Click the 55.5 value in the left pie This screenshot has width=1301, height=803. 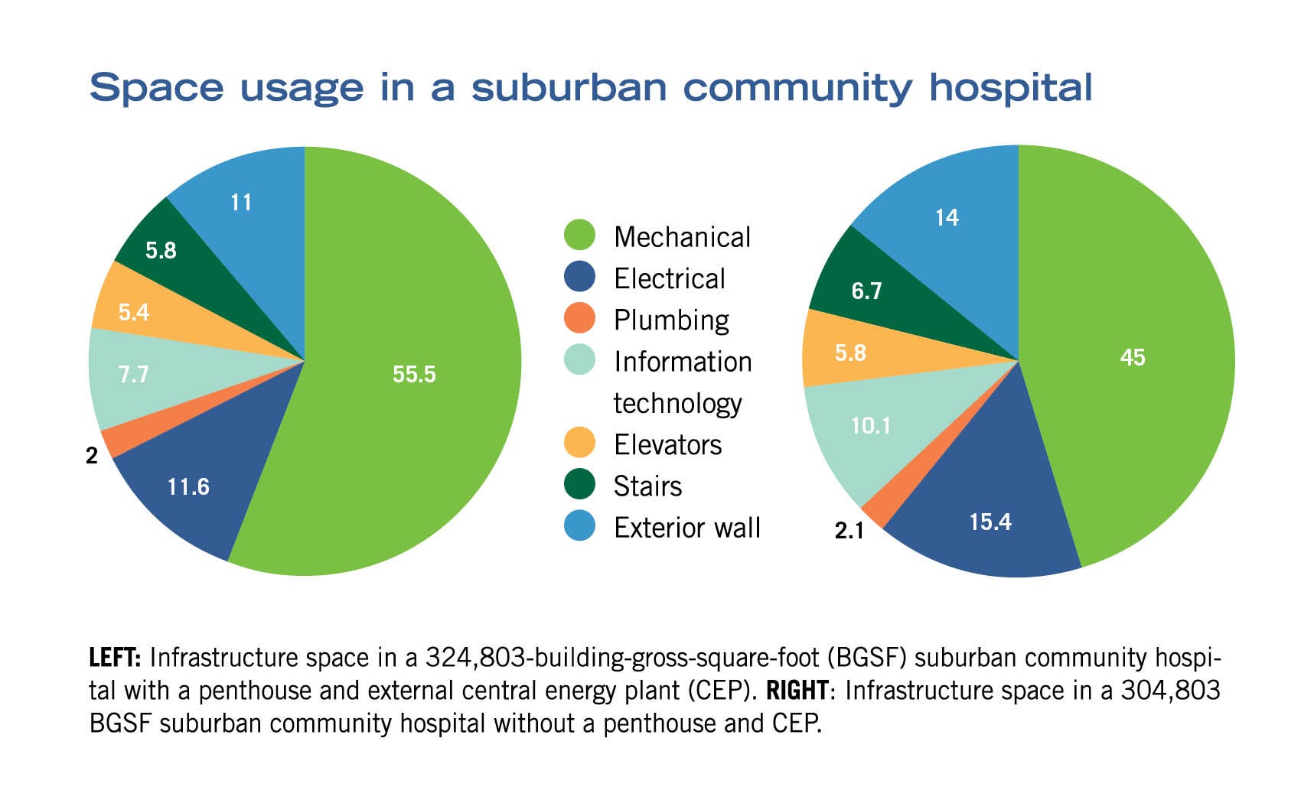point(414,374)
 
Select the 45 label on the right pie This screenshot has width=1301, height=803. point(1132,357)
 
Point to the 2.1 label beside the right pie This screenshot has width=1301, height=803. point(849,530)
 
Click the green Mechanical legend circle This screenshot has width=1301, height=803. point(579,236)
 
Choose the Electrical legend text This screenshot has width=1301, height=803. point(669,278)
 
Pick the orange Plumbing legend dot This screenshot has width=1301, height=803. point(579,318)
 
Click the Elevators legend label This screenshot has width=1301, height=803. point(667,444)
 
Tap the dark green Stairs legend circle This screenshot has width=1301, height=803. point(579,484)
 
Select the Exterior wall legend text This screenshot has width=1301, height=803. point(686,528)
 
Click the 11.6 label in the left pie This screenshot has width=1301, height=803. point(188,486)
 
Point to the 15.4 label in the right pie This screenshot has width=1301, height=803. point(990,522)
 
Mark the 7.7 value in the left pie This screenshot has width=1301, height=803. point(133,374)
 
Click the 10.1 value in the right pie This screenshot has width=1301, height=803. point(871,425)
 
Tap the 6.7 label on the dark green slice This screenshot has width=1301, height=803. point(866,291)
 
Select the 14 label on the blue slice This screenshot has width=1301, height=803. point(947,218)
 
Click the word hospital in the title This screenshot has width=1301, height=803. point(1010,88)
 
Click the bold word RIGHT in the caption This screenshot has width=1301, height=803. point(797,691)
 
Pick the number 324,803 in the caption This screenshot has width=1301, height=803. point(472,658)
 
